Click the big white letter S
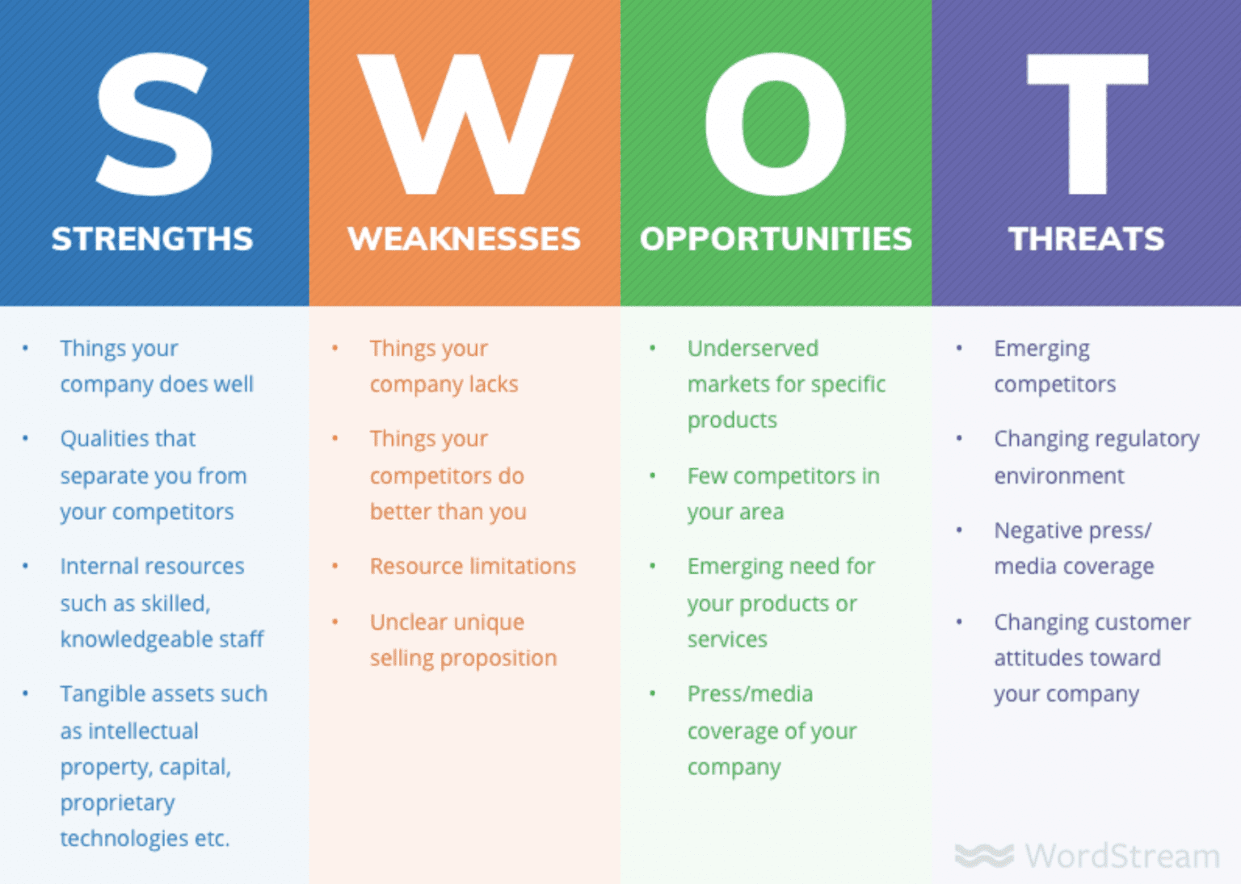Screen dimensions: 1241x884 154,124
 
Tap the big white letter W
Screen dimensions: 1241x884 465,124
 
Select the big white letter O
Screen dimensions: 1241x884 776,124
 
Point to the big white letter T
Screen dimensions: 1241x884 1087,124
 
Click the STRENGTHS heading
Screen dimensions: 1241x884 153,239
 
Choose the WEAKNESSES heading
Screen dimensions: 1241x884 465,239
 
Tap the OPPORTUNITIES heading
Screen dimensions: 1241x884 776,239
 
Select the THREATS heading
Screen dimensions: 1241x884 1087,239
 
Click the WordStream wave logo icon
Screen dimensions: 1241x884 985,856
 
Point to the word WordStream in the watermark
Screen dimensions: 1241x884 1122,856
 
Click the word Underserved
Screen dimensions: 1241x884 753,349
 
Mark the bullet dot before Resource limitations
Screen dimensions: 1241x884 335,566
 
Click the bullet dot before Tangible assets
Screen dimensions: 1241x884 26,693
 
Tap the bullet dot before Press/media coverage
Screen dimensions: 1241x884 653,693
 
